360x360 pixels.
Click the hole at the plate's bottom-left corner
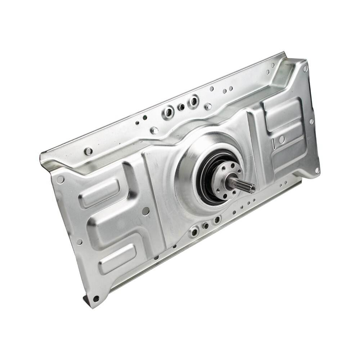pyautogui.click(x=95, y=298)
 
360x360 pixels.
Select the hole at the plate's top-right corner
pyautogui.click(x=305, y=68)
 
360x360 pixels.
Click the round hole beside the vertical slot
pyautogui.click(x=282, y=139)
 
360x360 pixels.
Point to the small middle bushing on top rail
pyautogui.click(x=182, y=107)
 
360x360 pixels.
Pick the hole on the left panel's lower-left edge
pyautogui.click(x=79, y=242)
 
